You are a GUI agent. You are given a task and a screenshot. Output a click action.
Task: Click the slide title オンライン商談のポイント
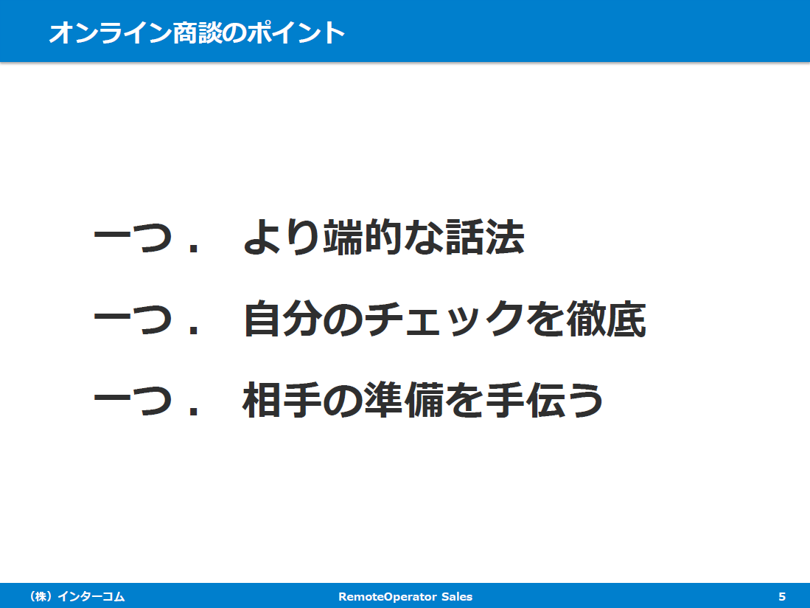pos(197,32)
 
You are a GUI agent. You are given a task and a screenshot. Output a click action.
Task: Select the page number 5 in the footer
pos(781,597)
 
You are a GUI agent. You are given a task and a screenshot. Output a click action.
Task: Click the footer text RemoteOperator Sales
pos(405,597)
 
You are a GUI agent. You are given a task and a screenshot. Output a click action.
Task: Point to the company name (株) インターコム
pos(77,597)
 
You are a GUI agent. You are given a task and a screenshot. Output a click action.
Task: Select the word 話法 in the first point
pos(484,238)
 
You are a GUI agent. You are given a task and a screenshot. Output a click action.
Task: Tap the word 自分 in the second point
pos(282,319)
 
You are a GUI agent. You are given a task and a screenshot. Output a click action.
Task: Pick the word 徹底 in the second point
pos(606,319)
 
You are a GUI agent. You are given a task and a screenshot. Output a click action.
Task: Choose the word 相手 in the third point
pos(282,400)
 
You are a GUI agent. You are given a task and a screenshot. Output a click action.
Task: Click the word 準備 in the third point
pos(405,400)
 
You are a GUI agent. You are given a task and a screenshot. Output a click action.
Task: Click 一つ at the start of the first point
pos(133,238)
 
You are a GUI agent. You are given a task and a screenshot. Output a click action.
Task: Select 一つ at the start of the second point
pos(133,319)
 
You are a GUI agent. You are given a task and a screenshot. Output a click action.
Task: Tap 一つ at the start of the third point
pos(133,401)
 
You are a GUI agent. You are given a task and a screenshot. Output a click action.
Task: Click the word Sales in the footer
pos(457,597)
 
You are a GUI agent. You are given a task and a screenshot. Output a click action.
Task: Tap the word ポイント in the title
pos(296,32)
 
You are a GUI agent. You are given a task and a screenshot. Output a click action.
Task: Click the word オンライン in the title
pos(110,32)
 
